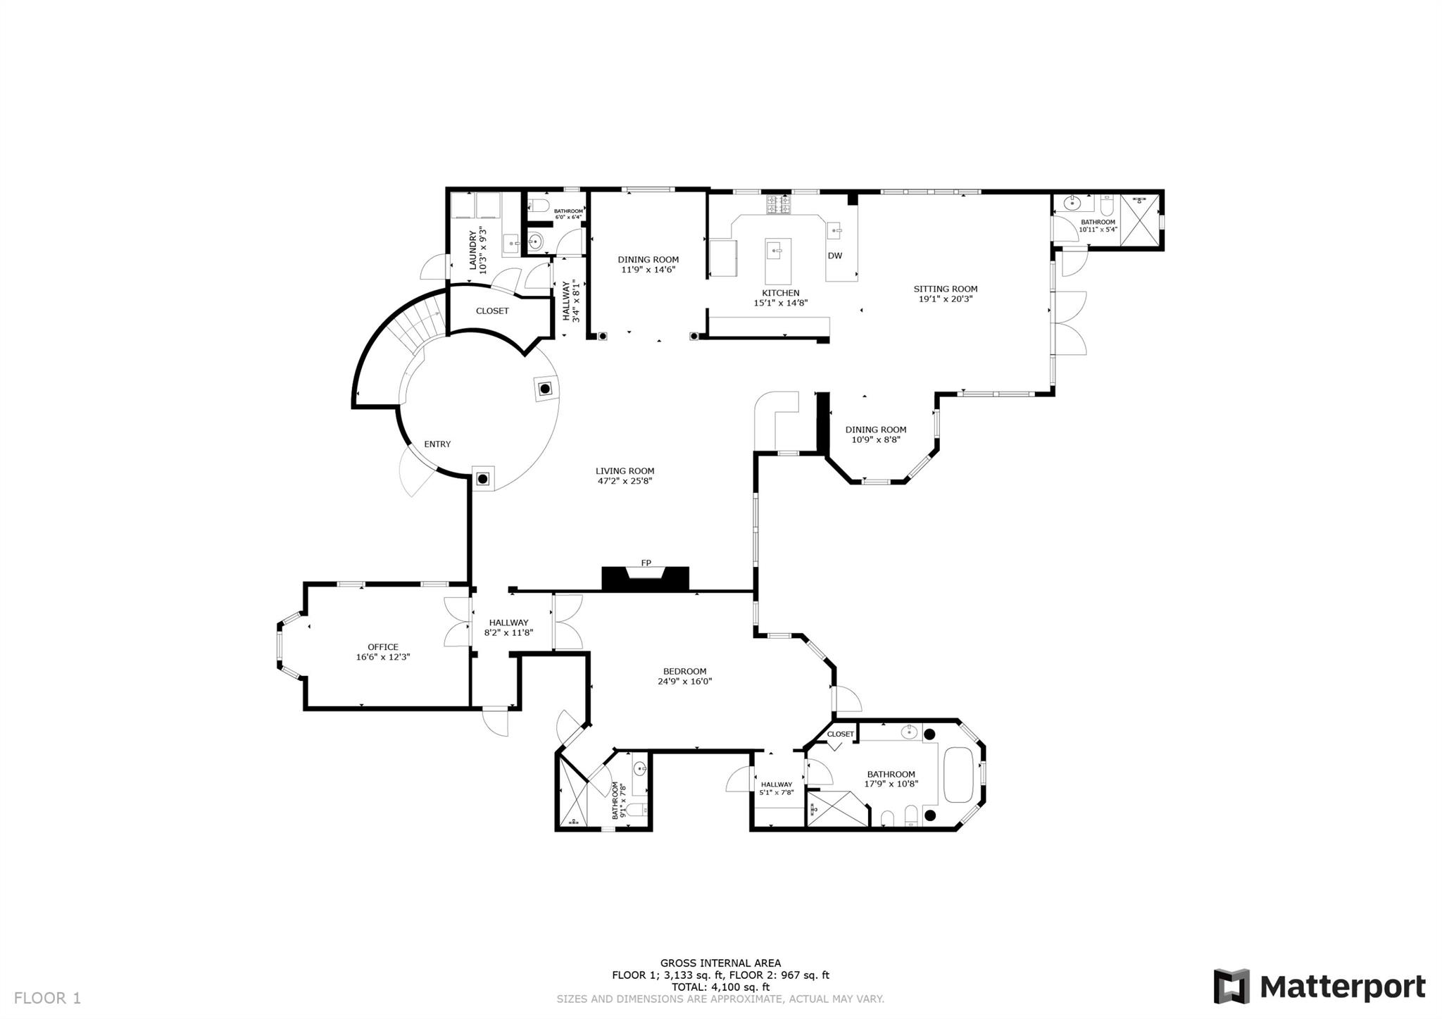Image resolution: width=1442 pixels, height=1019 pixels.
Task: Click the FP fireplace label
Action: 646,563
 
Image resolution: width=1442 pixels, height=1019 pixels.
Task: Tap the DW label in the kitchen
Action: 834,256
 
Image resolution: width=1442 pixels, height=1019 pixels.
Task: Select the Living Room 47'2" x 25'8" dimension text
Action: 625,482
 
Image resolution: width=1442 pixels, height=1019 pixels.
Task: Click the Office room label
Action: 382,647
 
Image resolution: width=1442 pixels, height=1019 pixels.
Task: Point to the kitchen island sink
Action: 777,249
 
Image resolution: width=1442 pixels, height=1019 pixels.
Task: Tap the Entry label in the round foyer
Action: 437,444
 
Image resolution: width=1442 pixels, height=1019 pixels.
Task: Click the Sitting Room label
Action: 945,289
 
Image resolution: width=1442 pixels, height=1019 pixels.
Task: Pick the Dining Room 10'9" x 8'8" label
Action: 875,435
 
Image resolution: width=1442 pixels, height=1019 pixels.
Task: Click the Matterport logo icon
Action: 1231,986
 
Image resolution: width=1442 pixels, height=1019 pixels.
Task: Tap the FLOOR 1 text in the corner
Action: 47,998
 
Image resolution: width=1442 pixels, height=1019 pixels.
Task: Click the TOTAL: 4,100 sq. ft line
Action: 720,987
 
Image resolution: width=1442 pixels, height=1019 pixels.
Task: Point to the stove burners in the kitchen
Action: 779,204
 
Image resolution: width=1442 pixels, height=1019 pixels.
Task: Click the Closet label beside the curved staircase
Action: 491,311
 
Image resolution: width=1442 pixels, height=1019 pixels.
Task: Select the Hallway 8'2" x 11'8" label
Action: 508,627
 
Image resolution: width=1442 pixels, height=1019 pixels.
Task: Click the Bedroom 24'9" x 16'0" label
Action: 684,676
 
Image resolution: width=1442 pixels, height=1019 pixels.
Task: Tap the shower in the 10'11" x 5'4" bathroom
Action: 1139,220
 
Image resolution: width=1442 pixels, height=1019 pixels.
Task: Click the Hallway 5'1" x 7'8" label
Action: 776,788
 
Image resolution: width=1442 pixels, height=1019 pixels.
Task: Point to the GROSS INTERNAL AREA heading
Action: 720,963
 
